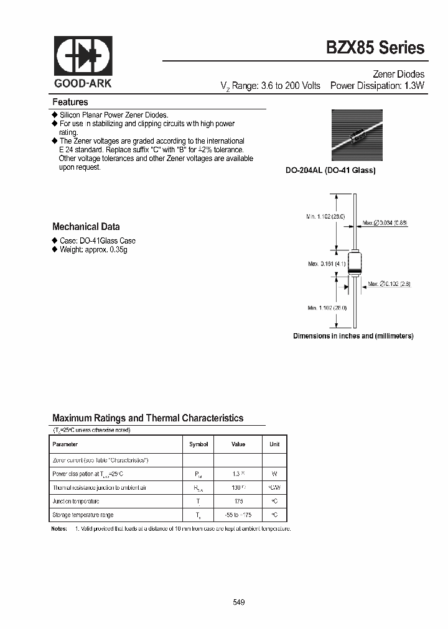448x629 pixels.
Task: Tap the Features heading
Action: [x=70, y=102]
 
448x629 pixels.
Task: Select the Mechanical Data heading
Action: [x=86, y=227]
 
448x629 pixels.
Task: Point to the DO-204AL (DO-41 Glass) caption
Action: [x=330, y=170]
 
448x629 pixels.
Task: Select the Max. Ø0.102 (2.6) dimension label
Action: [x=389, y=284]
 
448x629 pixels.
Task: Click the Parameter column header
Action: [x=65, y=444]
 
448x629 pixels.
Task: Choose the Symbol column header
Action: [x=198, y=444]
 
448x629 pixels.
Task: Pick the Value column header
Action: [x=238, y=444]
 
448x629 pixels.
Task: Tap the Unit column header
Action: [x=274, y=444]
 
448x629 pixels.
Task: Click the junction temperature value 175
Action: [x=238, y=501]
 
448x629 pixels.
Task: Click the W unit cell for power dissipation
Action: [x=274, y=474]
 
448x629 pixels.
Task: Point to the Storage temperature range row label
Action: [x=83, y=515]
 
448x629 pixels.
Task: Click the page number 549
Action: [x=238, y=602]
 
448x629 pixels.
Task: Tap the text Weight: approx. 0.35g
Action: [x=93, y=249]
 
